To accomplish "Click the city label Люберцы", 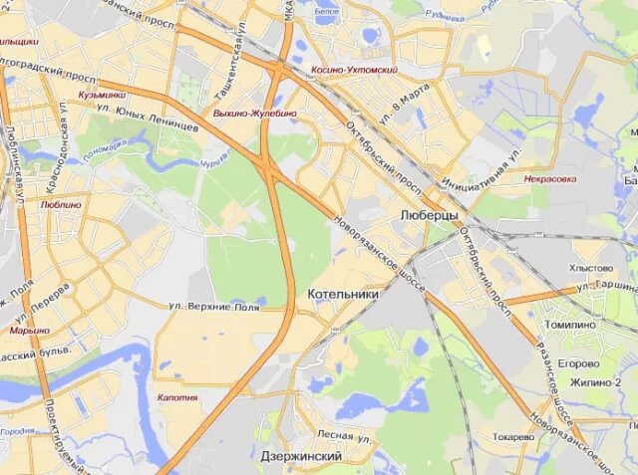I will click(428, 215).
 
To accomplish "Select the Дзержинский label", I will click(300, 456).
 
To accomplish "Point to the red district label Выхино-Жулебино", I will click(254, 114).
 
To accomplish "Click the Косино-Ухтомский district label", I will click(354, 71).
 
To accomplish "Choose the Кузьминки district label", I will click(103, 94).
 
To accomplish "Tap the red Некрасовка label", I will click(550, 179).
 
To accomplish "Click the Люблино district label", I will click(62, 204).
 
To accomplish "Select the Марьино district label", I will click(30, 330).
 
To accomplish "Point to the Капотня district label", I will click(177, 397).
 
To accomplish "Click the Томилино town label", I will click(569, 325).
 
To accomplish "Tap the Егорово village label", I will click(578, 363).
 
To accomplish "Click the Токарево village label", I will click(513, 436).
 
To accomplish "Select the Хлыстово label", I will click(591, 268).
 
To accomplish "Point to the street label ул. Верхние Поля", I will click(213, 307).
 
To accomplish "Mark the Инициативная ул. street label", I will click(489, 161).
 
